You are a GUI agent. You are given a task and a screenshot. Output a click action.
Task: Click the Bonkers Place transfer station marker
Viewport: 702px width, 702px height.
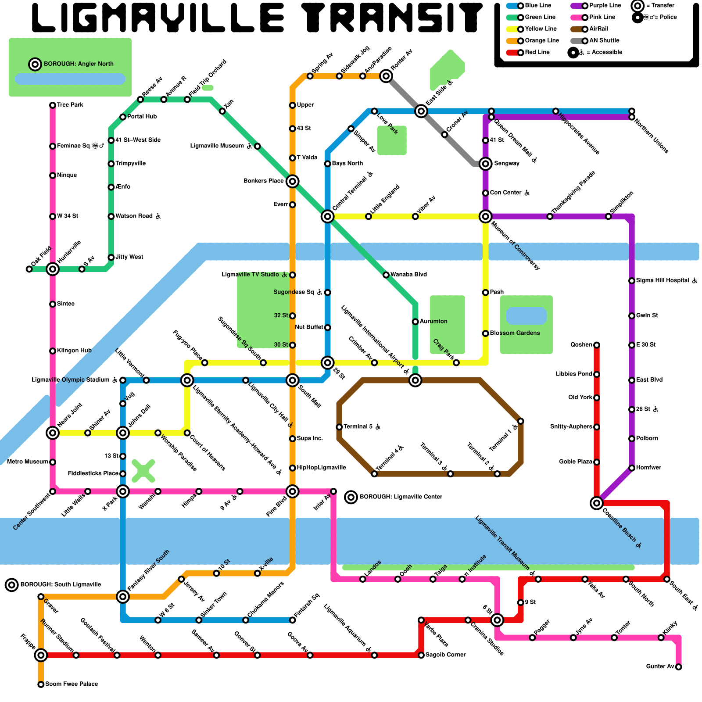pos(293,181)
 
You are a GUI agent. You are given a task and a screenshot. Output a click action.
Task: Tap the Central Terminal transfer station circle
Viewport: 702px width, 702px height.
pos(327,216)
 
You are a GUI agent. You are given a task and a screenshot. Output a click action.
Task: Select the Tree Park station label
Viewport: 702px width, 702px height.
pos(70,105)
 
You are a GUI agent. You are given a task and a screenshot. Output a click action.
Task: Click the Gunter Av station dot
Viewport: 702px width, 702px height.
pos(678,667)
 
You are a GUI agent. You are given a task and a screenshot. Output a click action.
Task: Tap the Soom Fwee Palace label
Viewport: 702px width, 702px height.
pos(72,684)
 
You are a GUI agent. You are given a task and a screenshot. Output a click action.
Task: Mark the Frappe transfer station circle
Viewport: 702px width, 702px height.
pos(41,655)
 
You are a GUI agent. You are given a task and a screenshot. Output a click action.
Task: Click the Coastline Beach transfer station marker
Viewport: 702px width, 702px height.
pos(596,503)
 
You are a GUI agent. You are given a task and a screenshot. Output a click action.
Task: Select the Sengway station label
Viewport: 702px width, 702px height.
pos(507,164)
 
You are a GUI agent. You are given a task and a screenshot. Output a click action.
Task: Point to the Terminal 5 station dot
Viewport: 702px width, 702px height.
pos(339,427)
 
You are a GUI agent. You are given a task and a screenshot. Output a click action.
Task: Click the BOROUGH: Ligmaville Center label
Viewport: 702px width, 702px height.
pos(401,497)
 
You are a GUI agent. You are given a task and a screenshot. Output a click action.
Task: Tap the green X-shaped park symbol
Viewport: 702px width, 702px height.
pos(143,471)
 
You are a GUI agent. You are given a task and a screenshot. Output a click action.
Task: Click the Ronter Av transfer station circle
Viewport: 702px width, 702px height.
pos(386,76)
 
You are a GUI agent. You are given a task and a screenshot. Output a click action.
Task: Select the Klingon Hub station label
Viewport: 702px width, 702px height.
pos(74,351)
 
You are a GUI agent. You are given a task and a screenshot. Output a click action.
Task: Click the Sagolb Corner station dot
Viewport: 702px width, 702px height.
pos(421,655)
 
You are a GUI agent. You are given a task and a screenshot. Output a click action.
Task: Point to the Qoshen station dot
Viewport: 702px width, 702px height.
pos(597,345)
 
